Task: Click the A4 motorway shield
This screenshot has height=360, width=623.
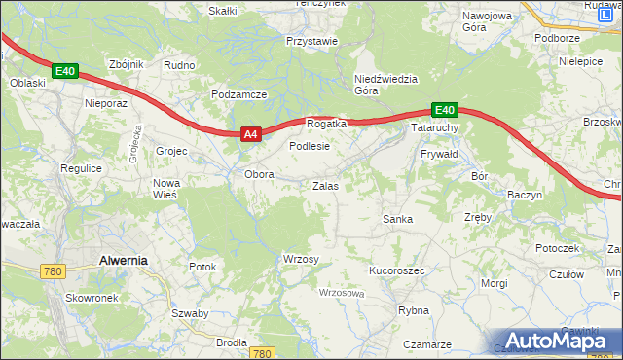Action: [250, 135]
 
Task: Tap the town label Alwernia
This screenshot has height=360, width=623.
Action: [124, 260]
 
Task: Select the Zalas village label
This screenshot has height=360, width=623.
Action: [325, 185]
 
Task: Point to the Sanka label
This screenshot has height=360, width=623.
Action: [397, 219]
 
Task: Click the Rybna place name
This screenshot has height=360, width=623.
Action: [414, 310]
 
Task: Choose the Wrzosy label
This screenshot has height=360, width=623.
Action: [301, 258]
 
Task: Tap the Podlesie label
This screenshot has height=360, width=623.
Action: [311, 145]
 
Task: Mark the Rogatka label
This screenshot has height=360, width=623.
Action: [326, 125]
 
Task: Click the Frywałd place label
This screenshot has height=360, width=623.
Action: [438, 155]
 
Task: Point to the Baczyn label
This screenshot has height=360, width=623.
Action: [524, 195]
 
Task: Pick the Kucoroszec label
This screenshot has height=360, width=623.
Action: [396, 270]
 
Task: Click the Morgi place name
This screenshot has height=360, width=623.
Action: [494, 283]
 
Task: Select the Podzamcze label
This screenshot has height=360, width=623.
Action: [238, 94]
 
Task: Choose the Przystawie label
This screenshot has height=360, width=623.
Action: [311, 42]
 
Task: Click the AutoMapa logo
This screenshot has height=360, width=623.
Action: [558, 340]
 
